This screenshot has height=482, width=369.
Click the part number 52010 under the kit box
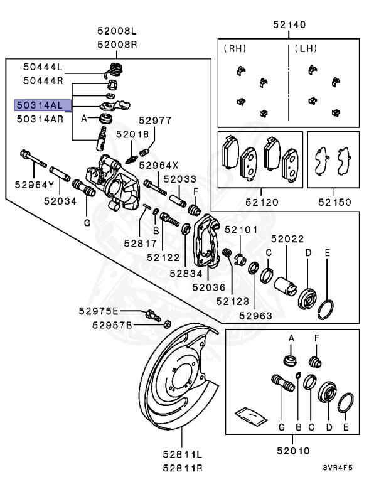click(292, 450)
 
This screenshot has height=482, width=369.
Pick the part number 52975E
click(98, 311)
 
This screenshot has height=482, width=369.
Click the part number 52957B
click(111, 324)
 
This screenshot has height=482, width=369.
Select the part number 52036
click(208, 287)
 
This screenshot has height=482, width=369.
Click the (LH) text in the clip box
click(304, 48)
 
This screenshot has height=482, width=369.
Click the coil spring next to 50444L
click(115, 67)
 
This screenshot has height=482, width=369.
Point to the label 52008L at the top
click(116, 30)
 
